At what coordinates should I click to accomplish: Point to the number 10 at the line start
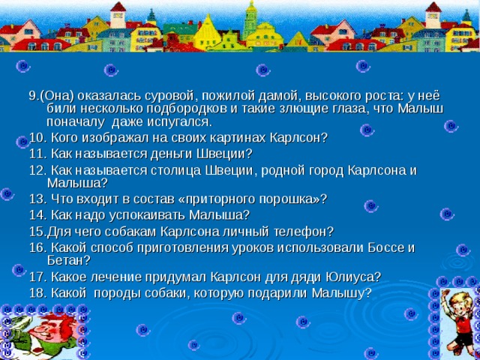(36, 138)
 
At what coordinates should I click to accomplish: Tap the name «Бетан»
(67, 259)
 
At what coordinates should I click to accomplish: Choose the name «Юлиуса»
(351, 276)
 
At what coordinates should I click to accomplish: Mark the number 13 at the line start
(36, 198)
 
